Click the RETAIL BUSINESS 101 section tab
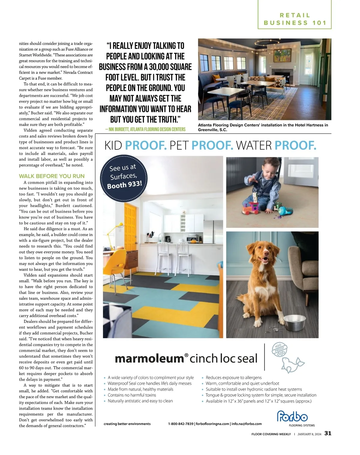tap(295, 19)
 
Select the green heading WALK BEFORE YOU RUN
tap(52, 176)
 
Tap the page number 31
tap(328, 433)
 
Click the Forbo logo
tap(292, 417)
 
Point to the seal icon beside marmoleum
tap(292, 364)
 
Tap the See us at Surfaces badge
tap(124, 177)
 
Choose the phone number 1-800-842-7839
tap(181, 424)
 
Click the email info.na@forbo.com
tap(246, 424)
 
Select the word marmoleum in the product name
tap(149, 359)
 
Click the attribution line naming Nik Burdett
tap(145, 129)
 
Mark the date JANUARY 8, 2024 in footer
tap(309, 434)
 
